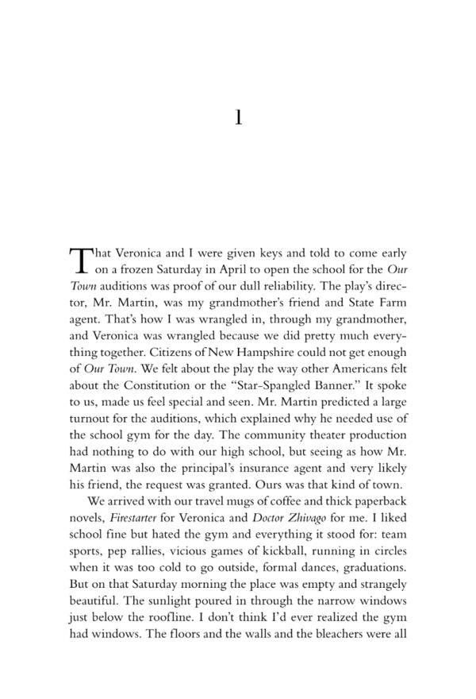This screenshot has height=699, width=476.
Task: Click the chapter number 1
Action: (x=238, y=118)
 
